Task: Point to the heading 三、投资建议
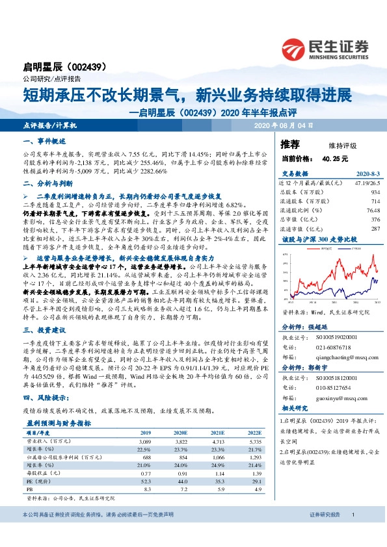coord(46,330)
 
